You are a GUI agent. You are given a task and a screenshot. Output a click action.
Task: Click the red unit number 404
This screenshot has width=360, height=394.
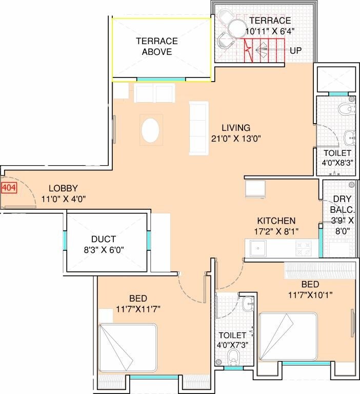9,188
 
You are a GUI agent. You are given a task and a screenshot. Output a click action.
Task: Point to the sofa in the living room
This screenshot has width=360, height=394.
199,128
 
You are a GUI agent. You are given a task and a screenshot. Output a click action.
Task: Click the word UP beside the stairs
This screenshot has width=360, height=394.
295,51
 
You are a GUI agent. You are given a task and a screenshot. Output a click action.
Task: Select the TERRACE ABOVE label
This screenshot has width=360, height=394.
157,46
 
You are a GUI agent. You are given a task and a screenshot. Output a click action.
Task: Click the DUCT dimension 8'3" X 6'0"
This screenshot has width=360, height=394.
107,250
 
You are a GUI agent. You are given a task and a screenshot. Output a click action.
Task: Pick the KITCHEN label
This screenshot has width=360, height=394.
276,220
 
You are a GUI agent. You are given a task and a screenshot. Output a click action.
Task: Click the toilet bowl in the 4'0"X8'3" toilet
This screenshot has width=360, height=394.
345,108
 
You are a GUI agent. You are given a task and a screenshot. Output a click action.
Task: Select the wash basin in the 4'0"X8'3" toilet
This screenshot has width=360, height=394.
350,136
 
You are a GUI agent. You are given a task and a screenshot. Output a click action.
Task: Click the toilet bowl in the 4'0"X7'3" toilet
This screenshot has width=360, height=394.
233,356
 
